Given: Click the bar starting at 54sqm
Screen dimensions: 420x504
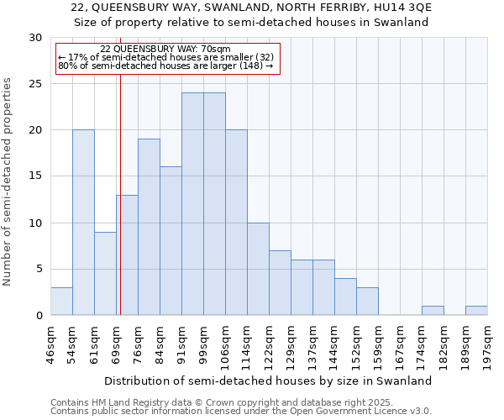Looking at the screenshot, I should (83, 223).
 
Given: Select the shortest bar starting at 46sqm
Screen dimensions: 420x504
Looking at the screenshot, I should (61, 302).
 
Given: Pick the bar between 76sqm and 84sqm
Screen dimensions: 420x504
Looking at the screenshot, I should (149, 227).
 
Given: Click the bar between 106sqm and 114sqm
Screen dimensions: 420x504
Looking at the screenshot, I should (236, 223).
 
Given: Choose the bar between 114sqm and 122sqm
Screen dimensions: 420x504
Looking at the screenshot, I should (258, 269).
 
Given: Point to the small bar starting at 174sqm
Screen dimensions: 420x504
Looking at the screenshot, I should (433, 311).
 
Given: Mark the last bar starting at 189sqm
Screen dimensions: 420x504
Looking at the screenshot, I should (476, 311).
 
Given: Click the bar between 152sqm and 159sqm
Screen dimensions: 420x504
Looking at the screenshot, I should (367, 302).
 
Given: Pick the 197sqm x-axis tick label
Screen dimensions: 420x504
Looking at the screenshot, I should (487, 345).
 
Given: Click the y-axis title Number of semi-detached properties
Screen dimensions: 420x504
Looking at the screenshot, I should (8, 181).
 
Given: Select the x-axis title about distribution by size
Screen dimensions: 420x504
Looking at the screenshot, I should (268, 381).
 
